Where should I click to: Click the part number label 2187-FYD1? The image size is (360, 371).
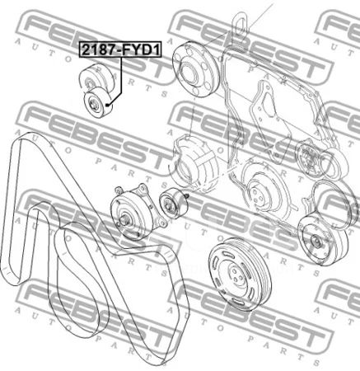pos(120,50)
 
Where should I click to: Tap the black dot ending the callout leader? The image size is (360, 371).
pos(108,105)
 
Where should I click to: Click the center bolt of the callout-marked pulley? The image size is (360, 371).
pos(94,105)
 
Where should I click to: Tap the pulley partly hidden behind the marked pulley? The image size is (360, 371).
pos(95,76)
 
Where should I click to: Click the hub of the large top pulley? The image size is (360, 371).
pos(189,73)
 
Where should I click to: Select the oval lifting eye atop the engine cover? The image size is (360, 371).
pos(241,22)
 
